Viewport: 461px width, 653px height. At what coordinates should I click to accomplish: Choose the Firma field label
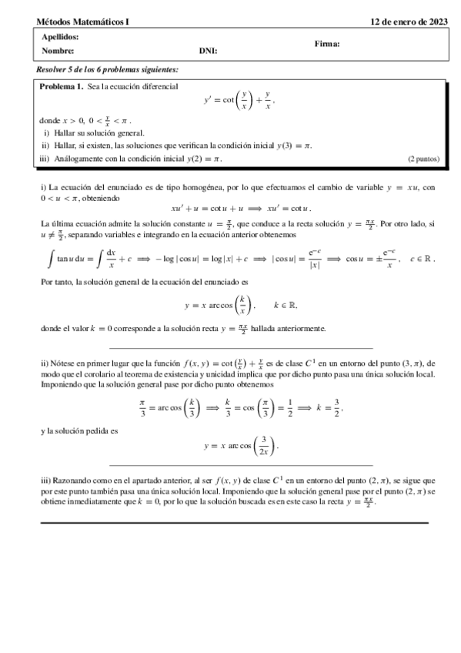[327, 44]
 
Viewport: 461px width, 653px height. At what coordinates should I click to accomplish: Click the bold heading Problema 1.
[62, 86]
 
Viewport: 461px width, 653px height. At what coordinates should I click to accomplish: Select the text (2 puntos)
[423, 159]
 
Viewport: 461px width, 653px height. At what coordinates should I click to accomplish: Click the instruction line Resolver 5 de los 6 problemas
[108, 69]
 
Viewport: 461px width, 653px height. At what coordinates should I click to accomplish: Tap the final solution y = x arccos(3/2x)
[240, 445]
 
